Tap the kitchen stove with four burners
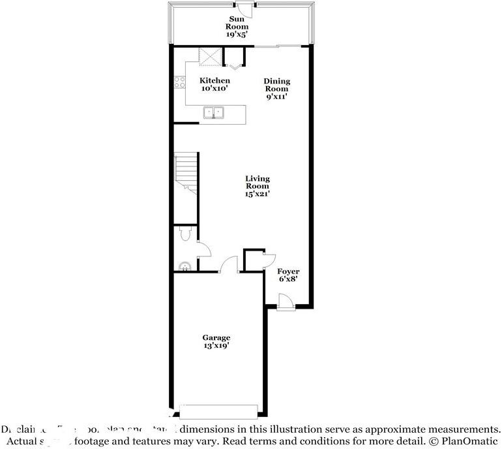(180, 82)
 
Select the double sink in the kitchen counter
(214, 113)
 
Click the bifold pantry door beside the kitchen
(235, 65)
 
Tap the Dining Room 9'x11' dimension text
(276, 96)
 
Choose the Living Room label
(258, 185)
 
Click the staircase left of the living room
(185, 172)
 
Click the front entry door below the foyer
(284, 302)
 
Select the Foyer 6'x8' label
(288, 275)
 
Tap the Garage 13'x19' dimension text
(216, 346)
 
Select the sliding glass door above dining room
(278, 46)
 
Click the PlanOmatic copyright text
(462, 441)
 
